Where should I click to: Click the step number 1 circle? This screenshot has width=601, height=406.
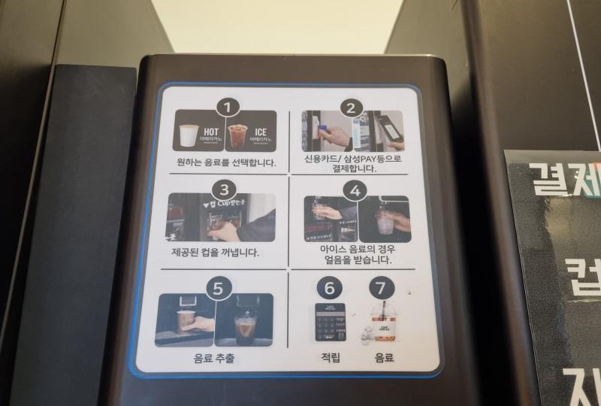coord(228,107)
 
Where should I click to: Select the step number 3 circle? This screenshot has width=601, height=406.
coord(224,189)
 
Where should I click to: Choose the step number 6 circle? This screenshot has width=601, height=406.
coord(327,287)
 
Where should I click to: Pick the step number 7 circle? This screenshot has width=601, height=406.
coord(382,287)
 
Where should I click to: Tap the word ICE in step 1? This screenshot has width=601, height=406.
coord(260,132)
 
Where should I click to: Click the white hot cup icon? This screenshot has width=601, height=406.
coord(188,136)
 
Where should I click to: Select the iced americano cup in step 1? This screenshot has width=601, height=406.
coord(237,136)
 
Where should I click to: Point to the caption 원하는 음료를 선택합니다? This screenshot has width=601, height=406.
coord(225,162)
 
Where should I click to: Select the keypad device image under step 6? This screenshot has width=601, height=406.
coord(331,323)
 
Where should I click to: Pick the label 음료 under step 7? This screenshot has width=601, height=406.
coord(384,359)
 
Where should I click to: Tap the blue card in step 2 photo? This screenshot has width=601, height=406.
coord(322,129)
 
